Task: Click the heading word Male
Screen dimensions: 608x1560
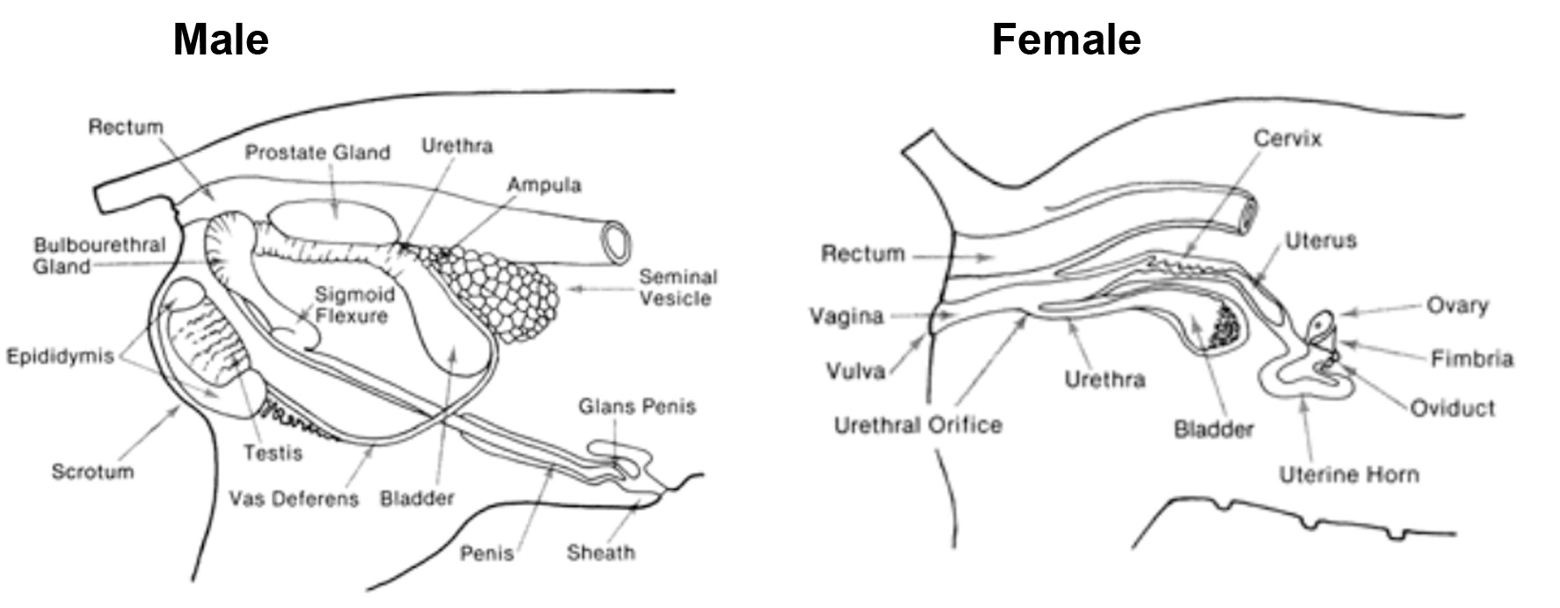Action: pyautogui.click(x=221, y=40)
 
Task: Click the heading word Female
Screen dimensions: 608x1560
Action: pyautogui.click(x=1066, y=40)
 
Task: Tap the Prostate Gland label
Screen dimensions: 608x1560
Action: pyautogui.click(x=317, y=153)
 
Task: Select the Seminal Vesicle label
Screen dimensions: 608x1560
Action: pyautogui.click(x=675, y=287)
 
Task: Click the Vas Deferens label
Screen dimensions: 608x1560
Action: pyautogui.click(x=294, y=499)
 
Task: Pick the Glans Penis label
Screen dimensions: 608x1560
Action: pyautogui.click(x=637, y=407)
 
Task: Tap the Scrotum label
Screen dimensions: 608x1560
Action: pyautogui.click(x=92, y=472)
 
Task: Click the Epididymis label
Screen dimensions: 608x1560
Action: pyautogui.click(x=60, y=356)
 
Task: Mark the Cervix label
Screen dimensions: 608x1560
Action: pyautogui.click(x=1287, y=139)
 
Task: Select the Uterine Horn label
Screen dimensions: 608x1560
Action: pyautogui.click(x=1348, y=475)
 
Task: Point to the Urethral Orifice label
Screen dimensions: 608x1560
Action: pyautogui.click(x=917, y=425)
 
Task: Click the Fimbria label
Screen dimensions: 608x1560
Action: pyautogui.click(x=1471, y=358)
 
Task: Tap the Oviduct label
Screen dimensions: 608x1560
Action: pyautogui.click(x=1452, y=409)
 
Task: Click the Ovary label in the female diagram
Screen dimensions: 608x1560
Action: pyautogui.click(x=1457, y=306)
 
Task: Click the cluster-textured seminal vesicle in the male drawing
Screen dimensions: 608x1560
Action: pyautogui.click(x=497, y=290)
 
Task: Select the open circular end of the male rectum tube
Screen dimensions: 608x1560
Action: pyautogui.click(x=616, y=241)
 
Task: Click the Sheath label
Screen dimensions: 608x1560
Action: pyautogui.click(x=601, y=553)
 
